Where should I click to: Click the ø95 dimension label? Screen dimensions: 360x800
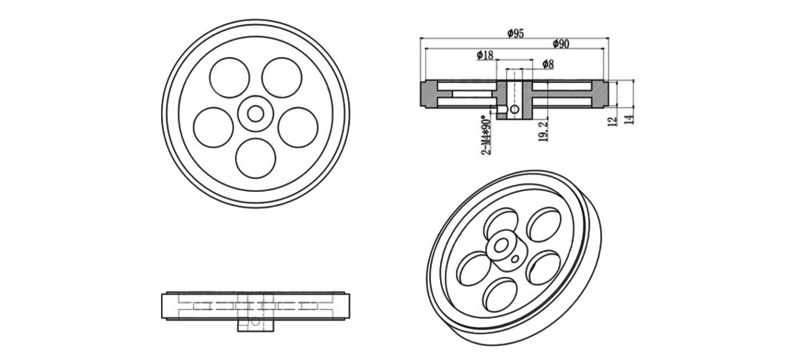(516, 34)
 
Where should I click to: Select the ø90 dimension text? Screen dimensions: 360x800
(561, 45)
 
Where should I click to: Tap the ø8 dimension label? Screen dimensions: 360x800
(547, 65)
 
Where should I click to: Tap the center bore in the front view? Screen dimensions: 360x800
(255, 113)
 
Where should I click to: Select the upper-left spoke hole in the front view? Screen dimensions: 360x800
(231, 77)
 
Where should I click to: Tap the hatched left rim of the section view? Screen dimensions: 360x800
(428, 95)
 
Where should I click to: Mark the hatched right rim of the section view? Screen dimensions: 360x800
(598, 95)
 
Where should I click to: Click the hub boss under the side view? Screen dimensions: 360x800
(254, 324)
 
